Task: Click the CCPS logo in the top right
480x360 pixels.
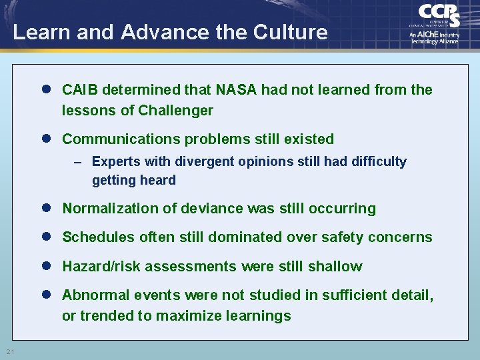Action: (439, 15)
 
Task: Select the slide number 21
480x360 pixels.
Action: (10, 351)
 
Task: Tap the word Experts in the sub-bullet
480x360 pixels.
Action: (114, 161)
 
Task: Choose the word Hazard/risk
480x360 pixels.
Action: (101, 267)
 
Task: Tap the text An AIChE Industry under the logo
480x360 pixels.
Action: (434, 34)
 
